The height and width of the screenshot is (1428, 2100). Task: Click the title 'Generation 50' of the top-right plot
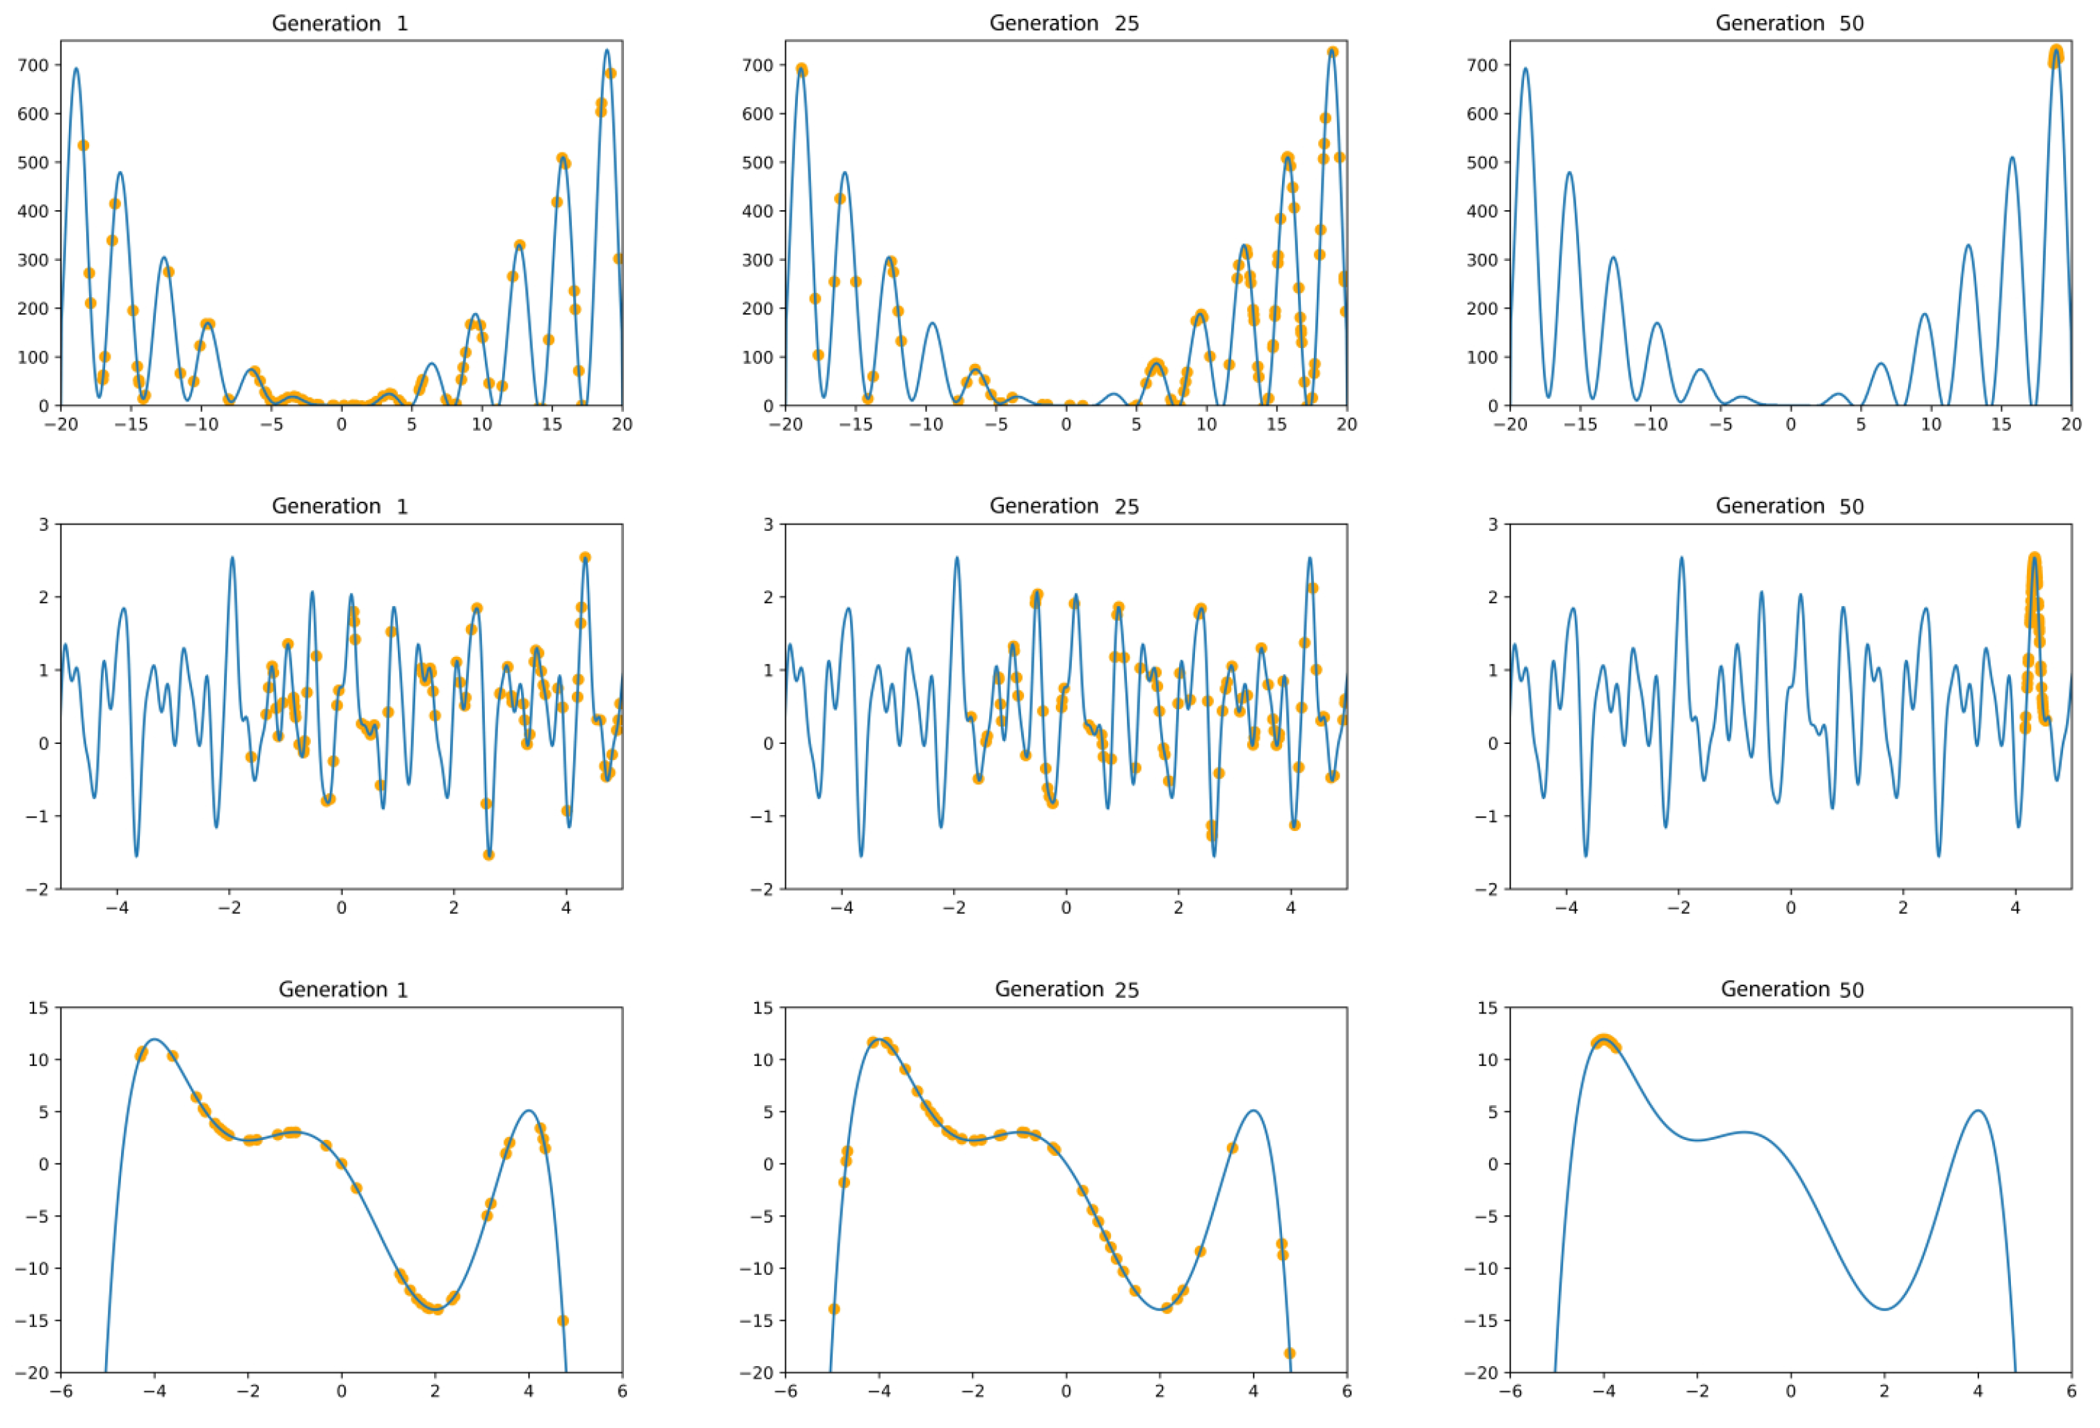pos(1789,24)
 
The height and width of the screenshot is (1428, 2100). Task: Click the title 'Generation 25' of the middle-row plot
pos(1064,506)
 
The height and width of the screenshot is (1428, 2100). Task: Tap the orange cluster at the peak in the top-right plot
pos(2055,56)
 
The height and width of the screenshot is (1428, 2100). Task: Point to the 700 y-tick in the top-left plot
pos(33,65)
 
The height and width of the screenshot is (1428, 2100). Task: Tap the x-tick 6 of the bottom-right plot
pos(2071,1392)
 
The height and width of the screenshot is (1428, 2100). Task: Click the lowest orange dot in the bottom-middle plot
pos(1290,1353)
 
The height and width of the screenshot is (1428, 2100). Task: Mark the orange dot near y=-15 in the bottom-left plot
pos(562,1320)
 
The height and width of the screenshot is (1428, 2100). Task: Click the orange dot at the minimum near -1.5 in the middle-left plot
pos(489,854)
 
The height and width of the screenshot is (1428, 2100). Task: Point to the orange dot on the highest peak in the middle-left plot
pos(584,557)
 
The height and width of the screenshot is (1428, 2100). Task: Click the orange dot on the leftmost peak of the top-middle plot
pos(801,70)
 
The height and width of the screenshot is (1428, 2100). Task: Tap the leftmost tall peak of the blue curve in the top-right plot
pos(1525,69)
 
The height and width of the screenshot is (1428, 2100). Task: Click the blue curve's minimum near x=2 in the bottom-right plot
pos(1884,1309)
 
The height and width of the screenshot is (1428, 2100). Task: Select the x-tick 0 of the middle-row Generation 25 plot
pos(1066,908)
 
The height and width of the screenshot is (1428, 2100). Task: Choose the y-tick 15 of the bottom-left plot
pos(38,1008)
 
